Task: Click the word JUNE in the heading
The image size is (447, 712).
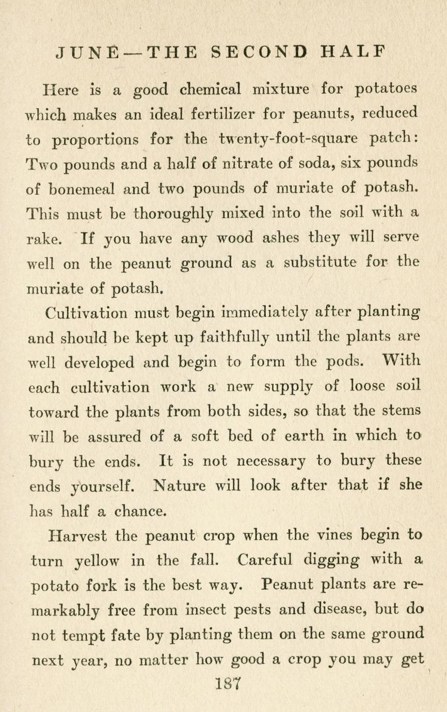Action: point(87,52)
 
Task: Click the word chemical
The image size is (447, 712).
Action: point(210,89)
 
